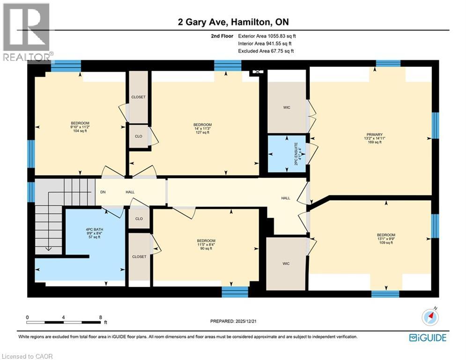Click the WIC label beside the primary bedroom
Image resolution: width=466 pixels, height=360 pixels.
[287, 107]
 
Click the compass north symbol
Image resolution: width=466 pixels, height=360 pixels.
[429, 317]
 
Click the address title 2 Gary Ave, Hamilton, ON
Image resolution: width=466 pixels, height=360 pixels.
[233, 22]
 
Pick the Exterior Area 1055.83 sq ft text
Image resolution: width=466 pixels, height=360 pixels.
[267, 36]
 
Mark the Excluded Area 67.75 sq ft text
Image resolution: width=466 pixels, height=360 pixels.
[266, 51]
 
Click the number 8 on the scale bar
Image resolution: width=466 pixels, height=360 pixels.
[100, 317]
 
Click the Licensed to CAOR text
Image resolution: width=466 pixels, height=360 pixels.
[27, 356]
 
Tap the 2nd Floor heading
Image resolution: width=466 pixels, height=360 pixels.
[222, 36]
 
